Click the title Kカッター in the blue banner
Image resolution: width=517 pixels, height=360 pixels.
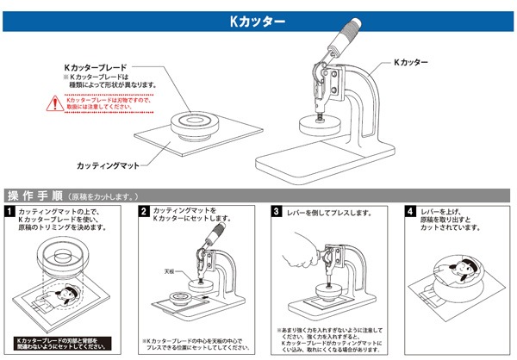258,20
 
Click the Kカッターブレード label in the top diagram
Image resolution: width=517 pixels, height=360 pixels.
97,65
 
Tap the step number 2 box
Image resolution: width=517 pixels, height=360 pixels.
144,211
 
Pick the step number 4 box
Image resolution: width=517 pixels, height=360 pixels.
408,211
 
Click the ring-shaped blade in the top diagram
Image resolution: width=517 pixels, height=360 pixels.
200,120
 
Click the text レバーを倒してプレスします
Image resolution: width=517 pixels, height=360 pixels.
327,211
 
